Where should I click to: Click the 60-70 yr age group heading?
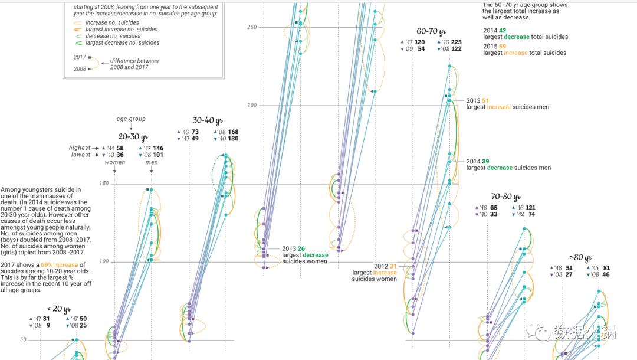pyautogui.click(x=431, y=32)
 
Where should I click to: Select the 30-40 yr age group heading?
pyautogui.click(x=207, y=120)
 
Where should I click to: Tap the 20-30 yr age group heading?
pyautogui.click(x=132, y=137)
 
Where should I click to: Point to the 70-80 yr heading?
pyautogui.click(x=505, y=197)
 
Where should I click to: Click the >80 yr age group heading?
pyautogui.click(x=581, y=257)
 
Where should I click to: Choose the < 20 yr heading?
pyautogui.click(x=58, y=309)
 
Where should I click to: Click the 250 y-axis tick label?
pyautogui.click(x=252, y=27)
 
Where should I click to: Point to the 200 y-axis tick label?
pyautogui.click(x=252, y=106)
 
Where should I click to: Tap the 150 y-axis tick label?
pyautogui.click(x=104, y=184)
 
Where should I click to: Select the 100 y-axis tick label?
pyautogui.click(x=104, y=262)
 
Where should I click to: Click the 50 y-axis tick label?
pyautogui.click(x=23, y=340)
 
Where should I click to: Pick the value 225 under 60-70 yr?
pyautogui.click(x=456, y=42)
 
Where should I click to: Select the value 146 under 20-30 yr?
pyautogui.click(x=158, y=148)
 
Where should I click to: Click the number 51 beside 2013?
pyautogui.click(x=485, y=101)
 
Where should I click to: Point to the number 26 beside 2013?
pyautogui.click(x=301, y=248)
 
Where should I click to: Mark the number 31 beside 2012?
pyautogui.click(x=393, y=266)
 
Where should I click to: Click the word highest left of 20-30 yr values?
pyautogui.click(x=80, y=148)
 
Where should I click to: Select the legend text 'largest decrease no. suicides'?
pyautogui.click(x=122, y=43)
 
